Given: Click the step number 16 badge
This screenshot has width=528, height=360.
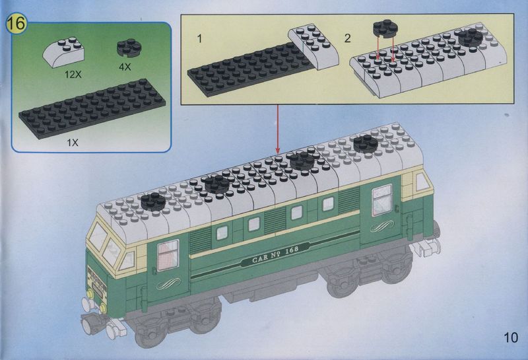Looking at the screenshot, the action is [x=16, y=24].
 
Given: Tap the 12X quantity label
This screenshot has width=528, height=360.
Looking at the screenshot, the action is [x=73, y=75].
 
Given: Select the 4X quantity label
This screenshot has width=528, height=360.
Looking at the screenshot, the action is [x=125, y=67].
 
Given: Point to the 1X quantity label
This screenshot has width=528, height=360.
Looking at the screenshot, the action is [x=73, y=143].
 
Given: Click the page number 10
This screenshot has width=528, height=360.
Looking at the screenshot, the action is [x=511, y=338].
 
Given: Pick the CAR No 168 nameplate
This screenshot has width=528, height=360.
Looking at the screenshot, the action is [x=275, y=254].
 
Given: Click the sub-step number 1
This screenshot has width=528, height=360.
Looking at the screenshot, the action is [x=199, y=39].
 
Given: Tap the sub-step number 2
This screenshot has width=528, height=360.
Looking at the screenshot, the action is [x=348, y=38].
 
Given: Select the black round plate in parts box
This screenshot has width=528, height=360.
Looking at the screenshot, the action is [x=129, y=48].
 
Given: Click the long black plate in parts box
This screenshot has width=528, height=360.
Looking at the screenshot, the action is [x=92, y=108].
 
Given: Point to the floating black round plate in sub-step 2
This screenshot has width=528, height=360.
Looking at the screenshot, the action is [x=385, y=28].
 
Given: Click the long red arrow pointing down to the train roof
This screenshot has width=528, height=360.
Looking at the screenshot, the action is [x=277, y=129].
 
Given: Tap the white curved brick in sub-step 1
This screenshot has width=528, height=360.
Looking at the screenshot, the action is [x=313, y=46].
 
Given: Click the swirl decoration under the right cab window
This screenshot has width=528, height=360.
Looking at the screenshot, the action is [x=382, y=226].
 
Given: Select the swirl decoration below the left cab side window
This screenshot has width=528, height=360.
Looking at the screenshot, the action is [x=169, y=284].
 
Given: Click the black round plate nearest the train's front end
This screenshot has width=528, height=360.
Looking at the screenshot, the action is [x=153, y=201].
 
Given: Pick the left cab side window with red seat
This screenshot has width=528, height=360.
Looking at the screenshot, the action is [x=168, y=254].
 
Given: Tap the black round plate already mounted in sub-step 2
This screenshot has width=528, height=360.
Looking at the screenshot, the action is [x=471, y=37].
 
